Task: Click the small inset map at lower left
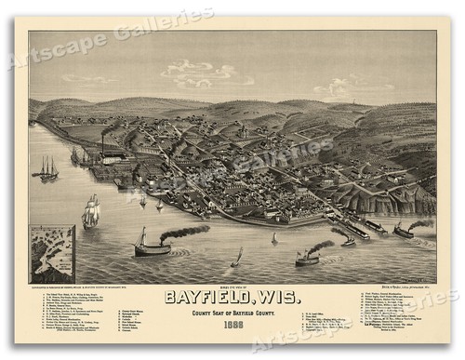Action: coord(51,253)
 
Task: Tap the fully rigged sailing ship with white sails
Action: coord(90,212)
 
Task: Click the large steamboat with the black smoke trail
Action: coord(152,246)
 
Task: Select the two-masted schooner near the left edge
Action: coord(46,168)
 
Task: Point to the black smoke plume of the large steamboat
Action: coord(186,231)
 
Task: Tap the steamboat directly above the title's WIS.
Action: coord(308,258)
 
